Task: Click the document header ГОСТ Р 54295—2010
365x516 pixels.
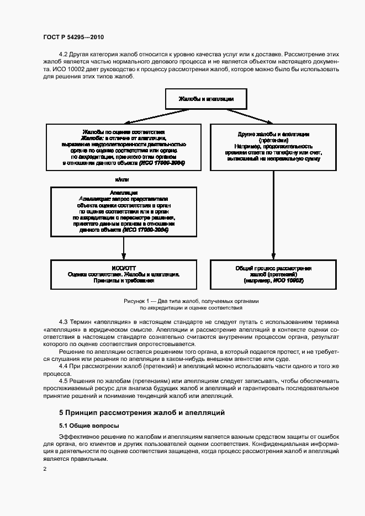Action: coord(73,38)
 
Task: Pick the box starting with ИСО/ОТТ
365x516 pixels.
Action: coord(123,273)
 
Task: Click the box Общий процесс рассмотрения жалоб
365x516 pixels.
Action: coord(273,273)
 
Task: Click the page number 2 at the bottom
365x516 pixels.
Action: coord(45,469)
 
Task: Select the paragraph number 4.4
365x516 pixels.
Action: coord(64,366)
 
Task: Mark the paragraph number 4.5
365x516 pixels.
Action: coord(64,381)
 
